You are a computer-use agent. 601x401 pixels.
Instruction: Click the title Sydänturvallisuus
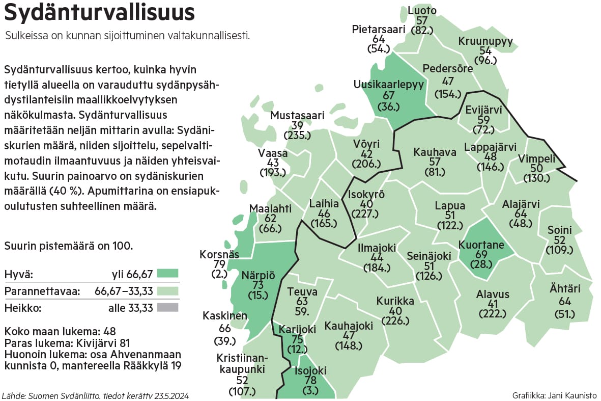[x=99, y=13]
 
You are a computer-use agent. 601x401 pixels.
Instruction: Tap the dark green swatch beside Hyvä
[x=168, y=275]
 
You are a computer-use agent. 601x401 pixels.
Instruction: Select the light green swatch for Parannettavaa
[x=168, y=291]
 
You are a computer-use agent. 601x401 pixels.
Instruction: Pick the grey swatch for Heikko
[x=168, y=307]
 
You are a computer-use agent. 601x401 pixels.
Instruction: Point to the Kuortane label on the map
[x=481, y=245]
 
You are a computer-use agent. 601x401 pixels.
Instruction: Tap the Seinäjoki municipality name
[x=428, y=256]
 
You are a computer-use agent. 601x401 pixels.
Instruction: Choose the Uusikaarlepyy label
[x=389, y=85]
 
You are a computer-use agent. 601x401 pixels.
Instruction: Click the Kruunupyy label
[x=485, y=42]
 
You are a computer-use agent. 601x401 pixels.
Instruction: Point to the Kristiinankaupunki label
[x=242, y=364]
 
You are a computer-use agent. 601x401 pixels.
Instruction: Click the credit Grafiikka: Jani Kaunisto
[x=555, y=395]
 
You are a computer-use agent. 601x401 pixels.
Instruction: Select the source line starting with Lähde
[x=96, y=395]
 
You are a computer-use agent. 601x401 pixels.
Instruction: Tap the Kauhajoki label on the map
[x=349, y=325]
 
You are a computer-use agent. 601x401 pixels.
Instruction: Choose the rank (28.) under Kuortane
[x=481, y=264]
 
